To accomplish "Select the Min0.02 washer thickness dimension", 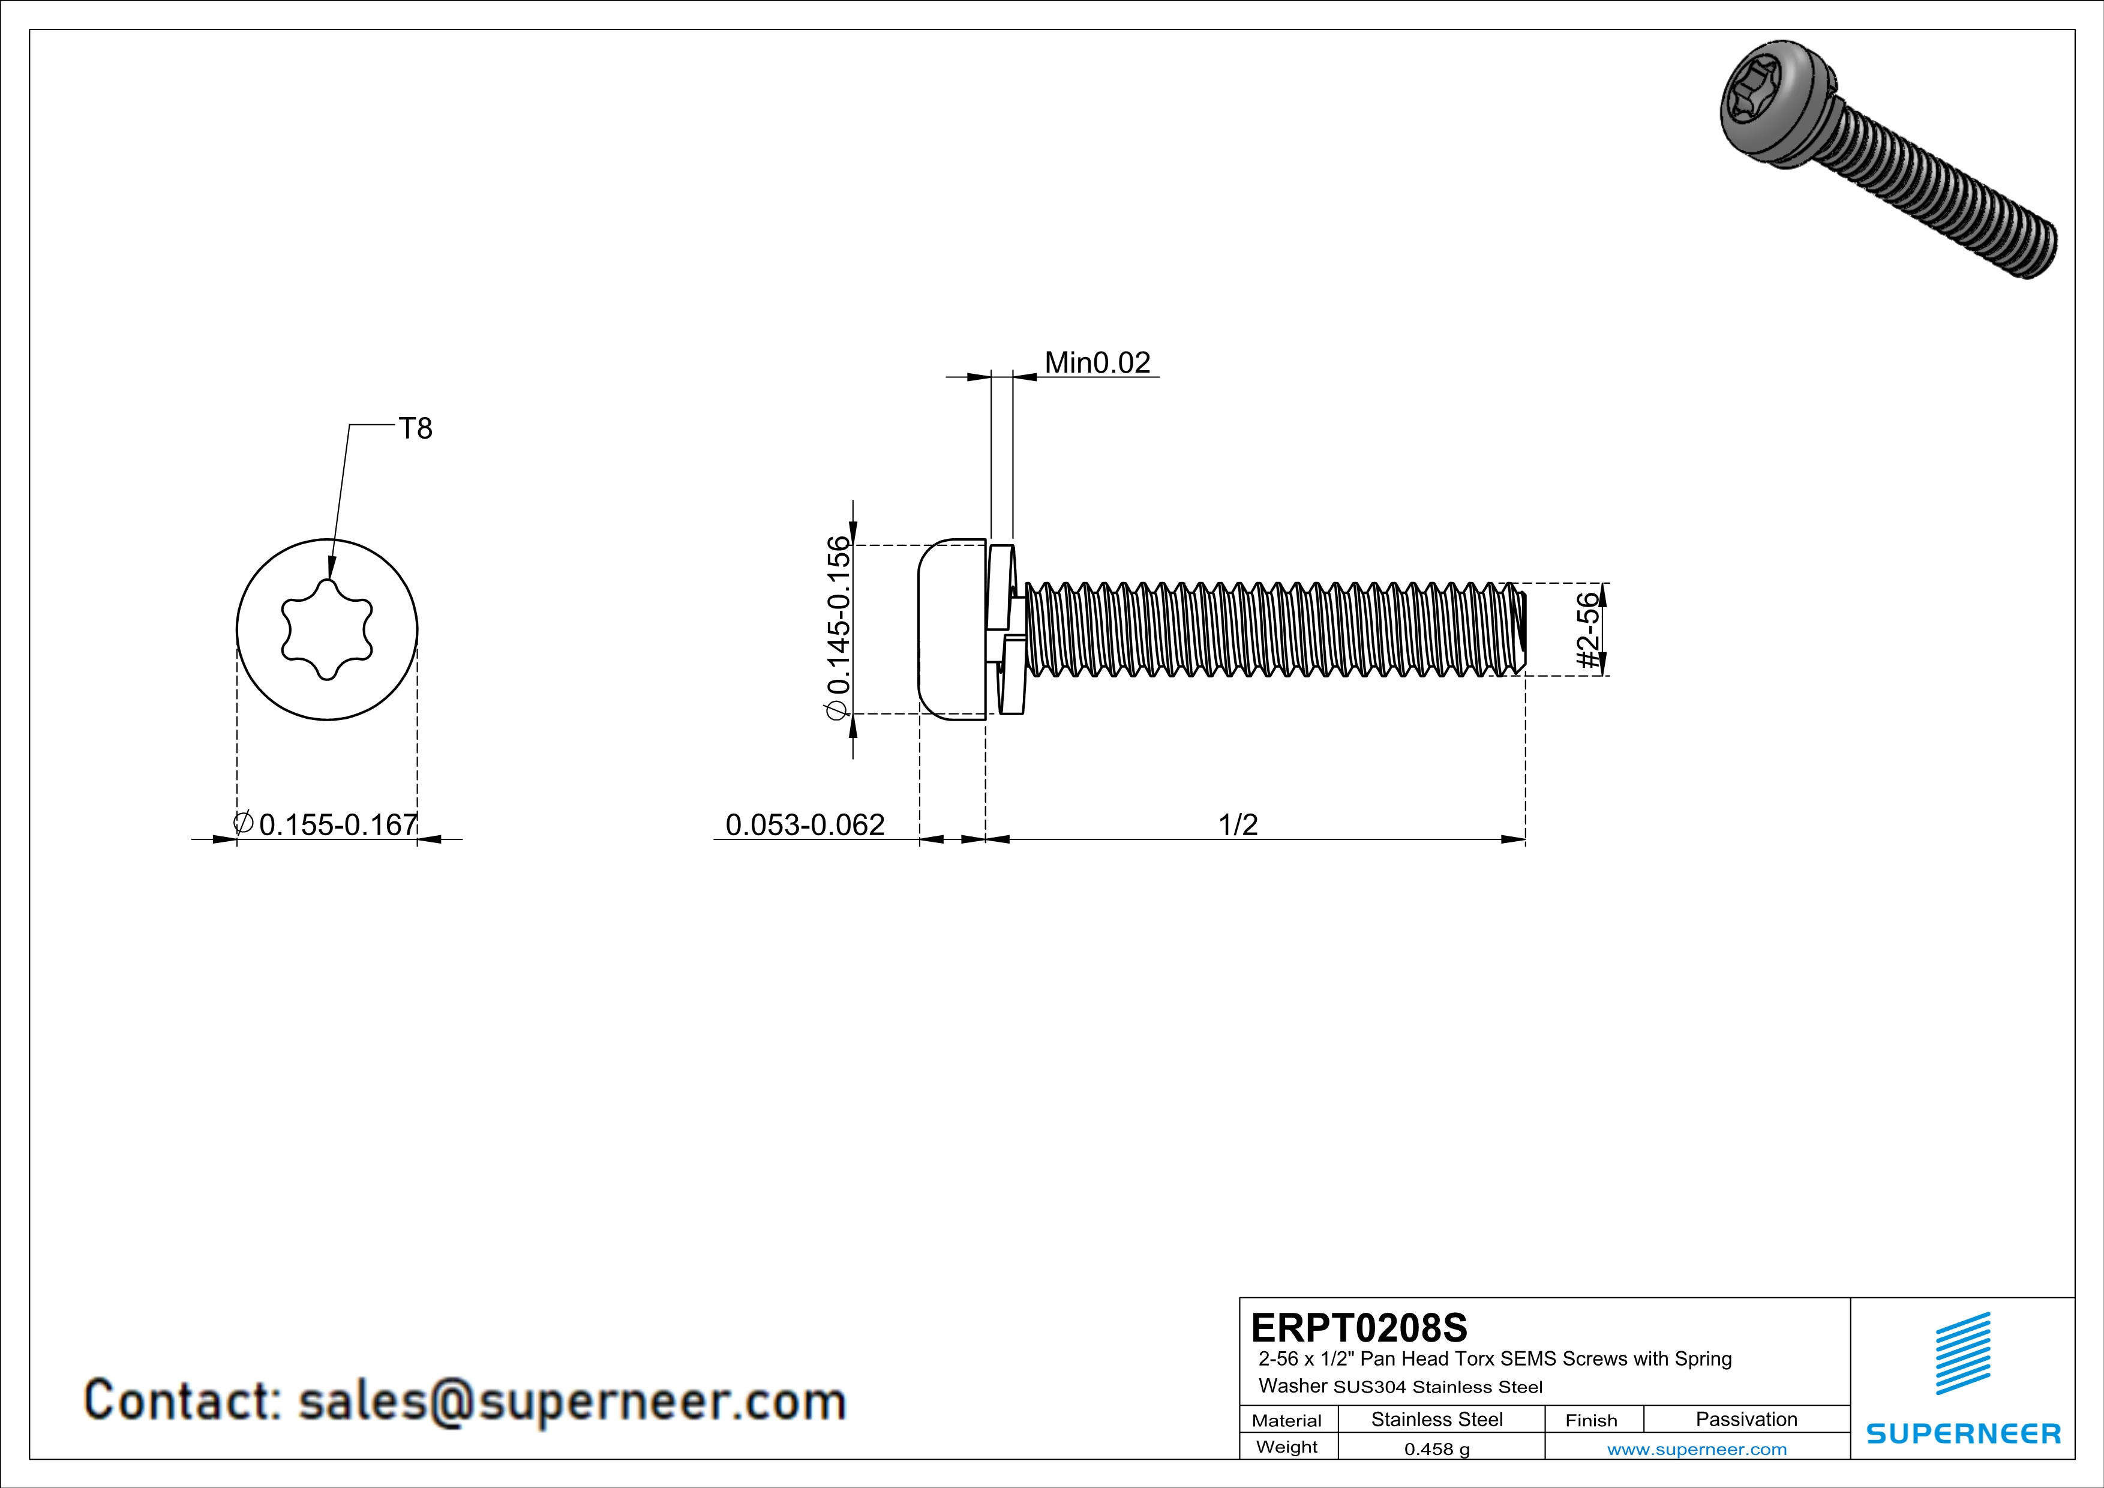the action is pyautogui.click(x=1097, y=363).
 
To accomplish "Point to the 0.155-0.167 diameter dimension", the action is pyautogui.click(x=338, y=824).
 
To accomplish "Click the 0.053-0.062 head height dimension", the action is pyautogui.click(x=805, y=824).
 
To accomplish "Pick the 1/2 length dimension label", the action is pyautogui.click(x=1238, y=824).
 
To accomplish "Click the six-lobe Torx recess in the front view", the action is pyautogui.click(x=327, y=629).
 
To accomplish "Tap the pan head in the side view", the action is pyautogui.click(x=952, y=629).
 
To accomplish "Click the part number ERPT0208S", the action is pyautogui.click(x=1359, y=1328).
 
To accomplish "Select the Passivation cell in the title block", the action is pyautogui.click(x=1746, y=1419).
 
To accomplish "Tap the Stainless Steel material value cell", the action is pyautogui.click(x=1437, y=1419).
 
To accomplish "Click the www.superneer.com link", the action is pyautogui.click(x=1697, y=1448).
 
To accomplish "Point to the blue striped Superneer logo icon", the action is pyautogui.click(x=1963, y=1354).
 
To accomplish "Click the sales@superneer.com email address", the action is pyautogui.click(x=572, y=1401).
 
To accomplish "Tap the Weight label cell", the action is pyautogui.click(x=1287, y=1447).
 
